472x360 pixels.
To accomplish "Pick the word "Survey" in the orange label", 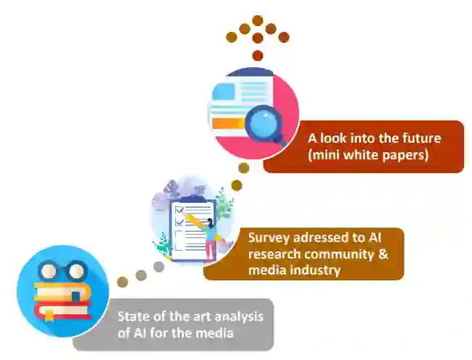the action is coord(267,238).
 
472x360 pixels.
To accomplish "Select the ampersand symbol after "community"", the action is coord(383,254).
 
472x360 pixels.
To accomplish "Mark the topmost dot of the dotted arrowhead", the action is coord(257,20).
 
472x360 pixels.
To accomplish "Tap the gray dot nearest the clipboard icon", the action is coord(159,267).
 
